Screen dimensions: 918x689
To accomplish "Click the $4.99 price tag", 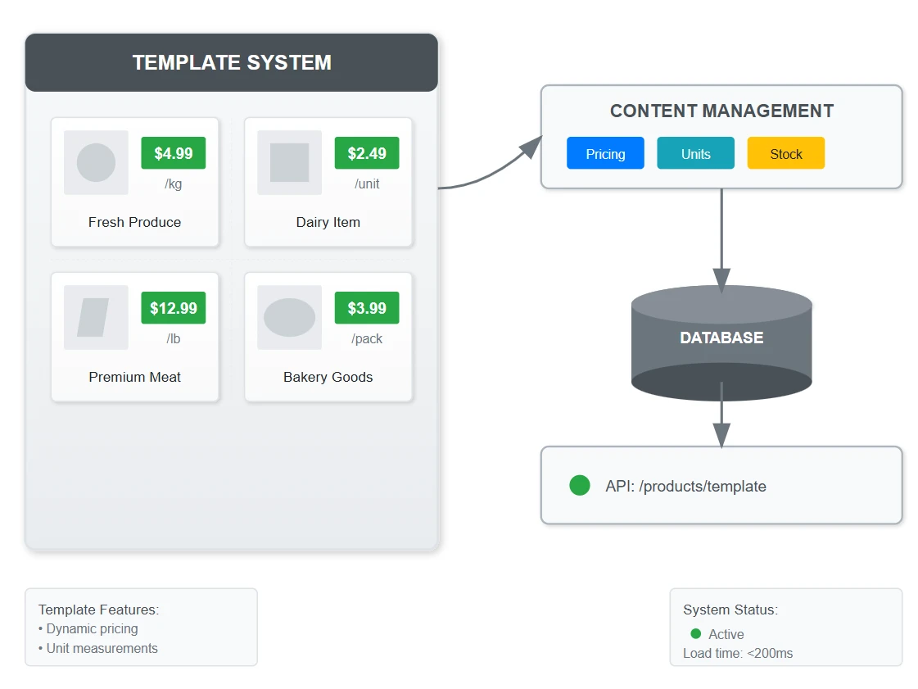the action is pos(174,153).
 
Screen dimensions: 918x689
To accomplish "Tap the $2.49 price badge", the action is pos(367,153).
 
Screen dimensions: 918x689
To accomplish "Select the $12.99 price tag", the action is pos(174,307).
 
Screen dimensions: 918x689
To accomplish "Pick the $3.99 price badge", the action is pos(367,307).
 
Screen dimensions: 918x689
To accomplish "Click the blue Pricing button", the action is pos(605,153).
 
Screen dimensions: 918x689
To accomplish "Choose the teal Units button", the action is pos(695,153).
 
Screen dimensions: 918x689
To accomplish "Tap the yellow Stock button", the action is pos(786,153).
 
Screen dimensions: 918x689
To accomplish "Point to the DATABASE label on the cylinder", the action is pos(722,338).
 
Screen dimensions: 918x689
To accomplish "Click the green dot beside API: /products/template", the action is pos(580,485).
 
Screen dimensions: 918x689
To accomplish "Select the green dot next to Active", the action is pos(696,633).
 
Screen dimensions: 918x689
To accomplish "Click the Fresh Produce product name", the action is pos(134,222).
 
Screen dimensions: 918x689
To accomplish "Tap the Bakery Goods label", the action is pos(328,377).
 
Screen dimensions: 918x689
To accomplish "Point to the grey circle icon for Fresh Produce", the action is pos(96,162).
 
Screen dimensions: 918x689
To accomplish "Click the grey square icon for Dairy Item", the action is pos(289,162).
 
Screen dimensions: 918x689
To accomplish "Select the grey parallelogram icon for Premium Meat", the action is pos(93,318).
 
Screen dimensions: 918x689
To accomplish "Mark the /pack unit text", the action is pos(367,338).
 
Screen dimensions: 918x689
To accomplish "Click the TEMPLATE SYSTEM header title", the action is pos(232,63).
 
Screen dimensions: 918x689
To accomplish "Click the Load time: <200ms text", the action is pos(738,653).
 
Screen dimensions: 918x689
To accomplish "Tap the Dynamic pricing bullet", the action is pos(88,628).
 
